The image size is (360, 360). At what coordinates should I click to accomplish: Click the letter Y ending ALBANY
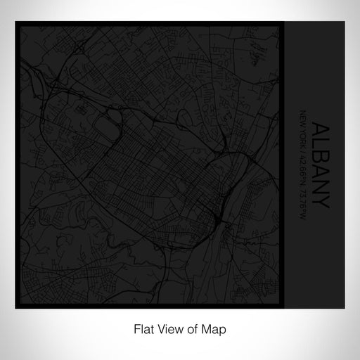click(319, 199)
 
